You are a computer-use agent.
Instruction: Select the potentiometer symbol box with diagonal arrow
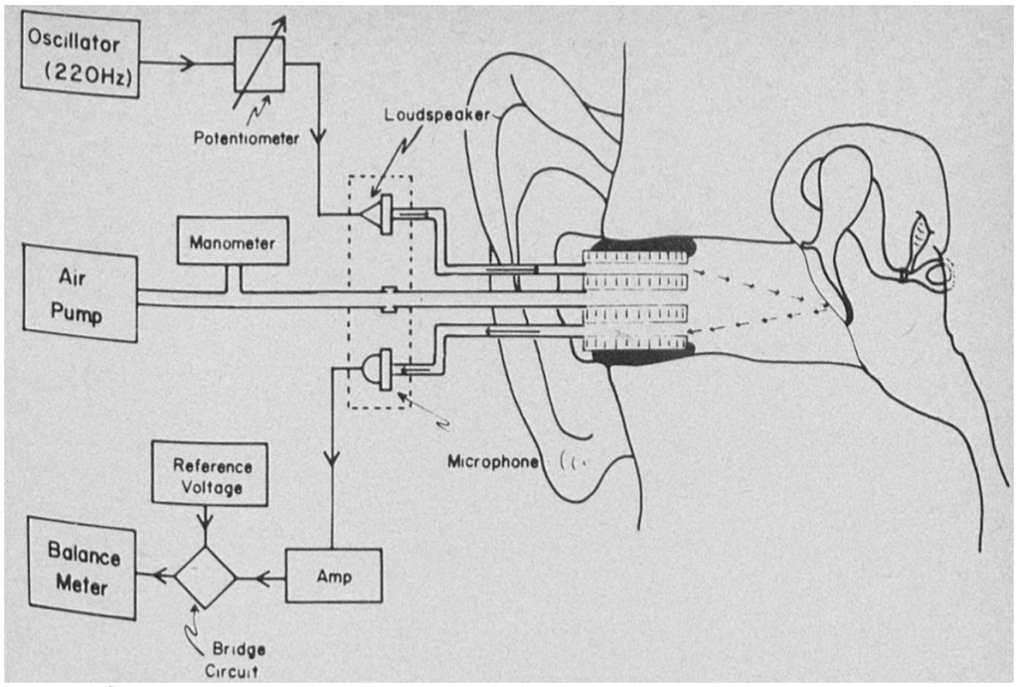258,65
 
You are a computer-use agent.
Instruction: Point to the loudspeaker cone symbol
377,212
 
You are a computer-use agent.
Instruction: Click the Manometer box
233,242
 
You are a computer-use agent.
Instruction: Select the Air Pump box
81,295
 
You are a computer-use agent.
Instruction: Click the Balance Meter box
82,569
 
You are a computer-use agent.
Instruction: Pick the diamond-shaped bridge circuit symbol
206,576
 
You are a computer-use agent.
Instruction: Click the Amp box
333,575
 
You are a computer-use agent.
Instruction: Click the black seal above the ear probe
641,245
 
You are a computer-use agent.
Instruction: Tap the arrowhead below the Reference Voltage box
206,517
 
